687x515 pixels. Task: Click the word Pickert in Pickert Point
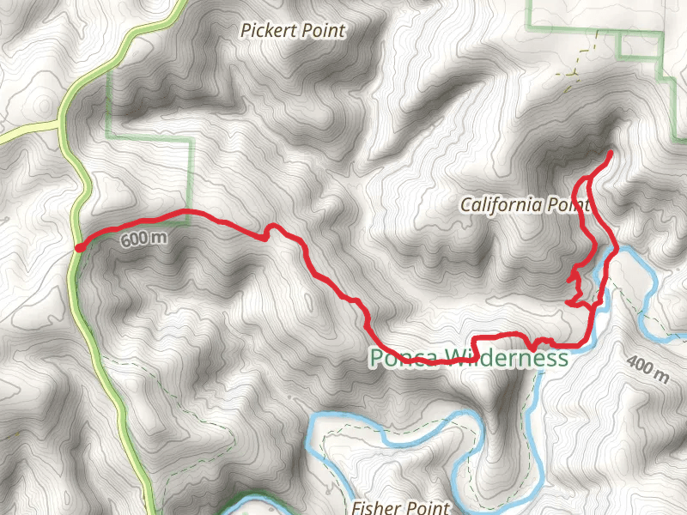tap(266, 32)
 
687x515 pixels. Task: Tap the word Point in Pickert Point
tap(321, 32)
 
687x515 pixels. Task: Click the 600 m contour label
tap(143, 239)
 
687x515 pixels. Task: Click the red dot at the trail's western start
tap(78, 248)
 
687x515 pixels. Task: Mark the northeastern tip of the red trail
tap(610, 153)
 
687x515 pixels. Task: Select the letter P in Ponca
tap(376, 358)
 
